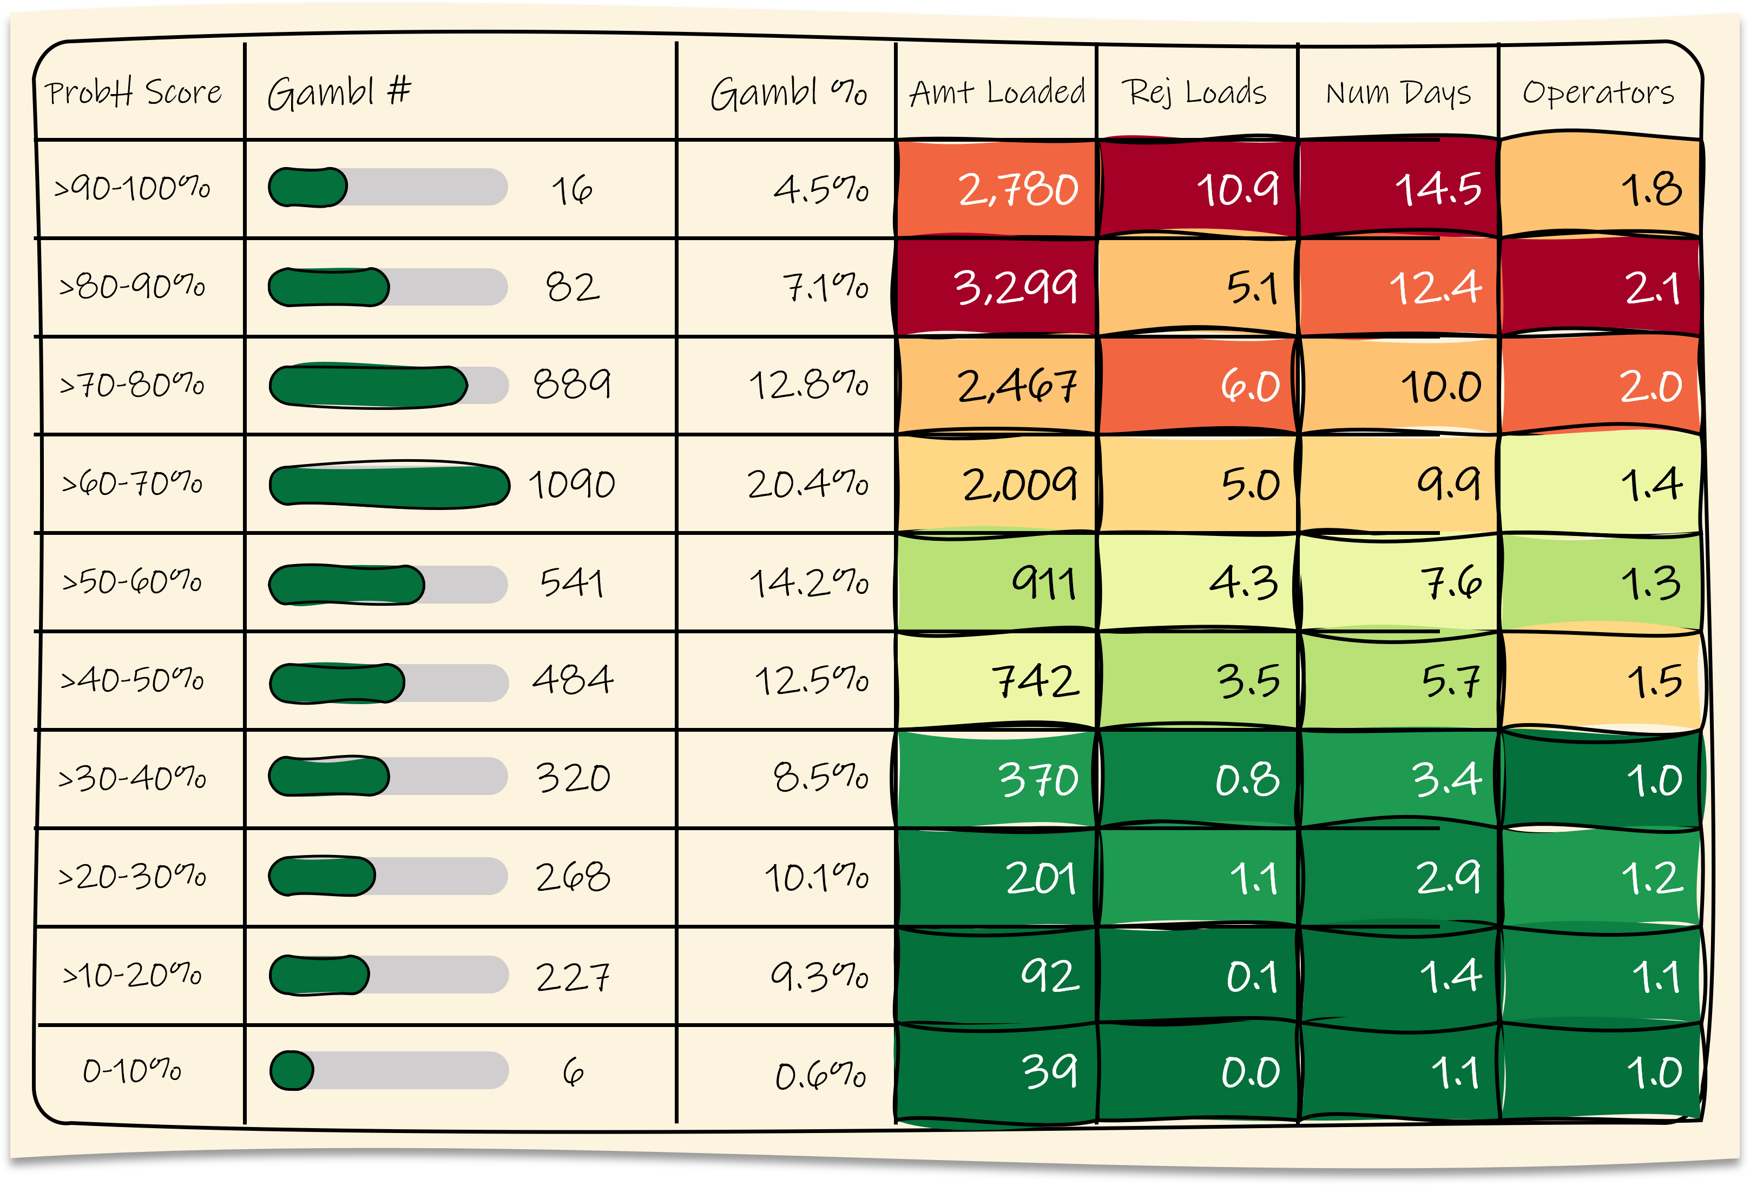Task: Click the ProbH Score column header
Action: tap(133, 92)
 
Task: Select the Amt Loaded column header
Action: tap(996, 92)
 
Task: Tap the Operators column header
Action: tap(1598, 92)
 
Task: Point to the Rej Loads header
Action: tap(1194, 92)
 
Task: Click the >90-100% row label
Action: tap(133, 188)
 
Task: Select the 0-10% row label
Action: tap(133, 1071)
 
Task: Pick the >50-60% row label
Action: tap(133, 582)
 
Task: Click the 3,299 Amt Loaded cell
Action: tap(1015, 287)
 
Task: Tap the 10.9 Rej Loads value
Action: tap(1237, 188)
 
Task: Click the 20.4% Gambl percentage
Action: tap(807, 484)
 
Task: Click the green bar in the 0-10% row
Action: tap(292, 1071)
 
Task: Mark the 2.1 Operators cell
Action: tap(1652, 287)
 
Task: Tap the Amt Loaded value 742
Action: tap(1035, 680)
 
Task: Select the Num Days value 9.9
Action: tap(1448, 484)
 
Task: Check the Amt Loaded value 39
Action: tap(1049, 1071)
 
